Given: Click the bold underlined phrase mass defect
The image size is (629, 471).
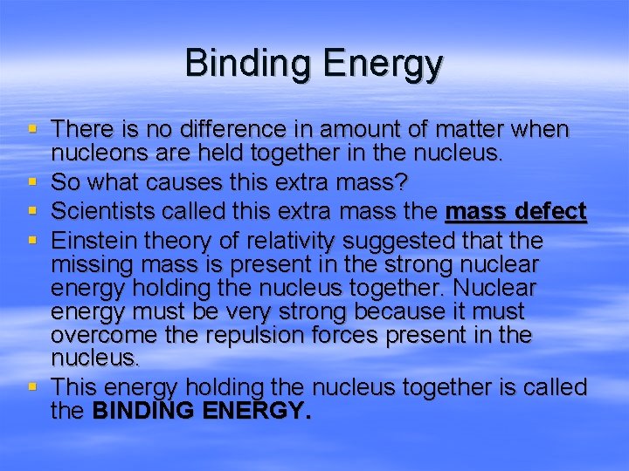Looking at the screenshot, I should click(515, 212).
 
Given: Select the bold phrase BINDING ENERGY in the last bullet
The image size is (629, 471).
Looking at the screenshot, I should click(200, 411).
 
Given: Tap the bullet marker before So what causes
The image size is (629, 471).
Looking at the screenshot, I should click(33, 183).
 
